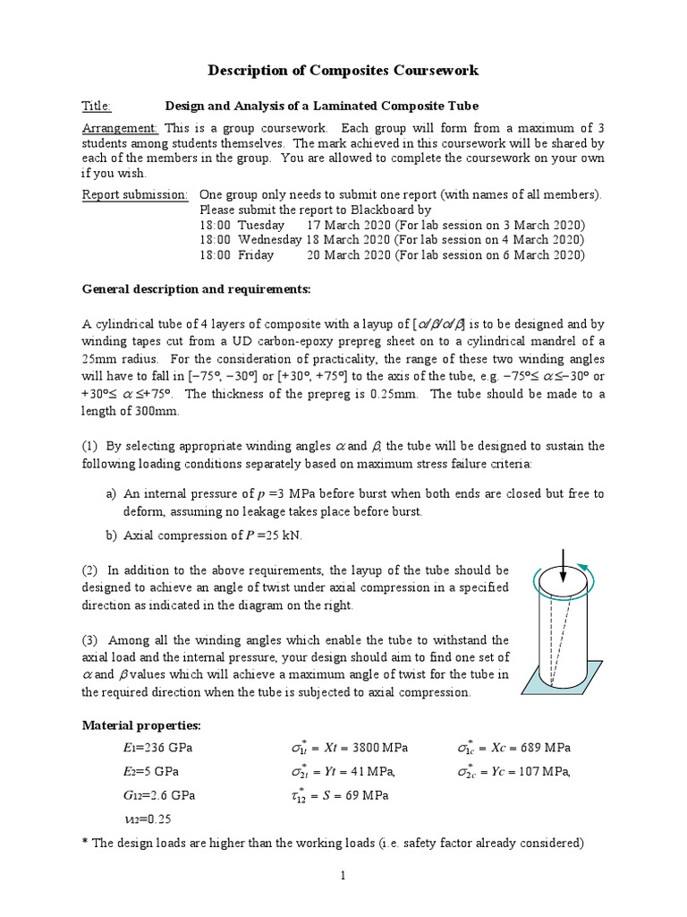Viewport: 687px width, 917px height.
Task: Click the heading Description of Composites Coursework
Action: click(343, 70)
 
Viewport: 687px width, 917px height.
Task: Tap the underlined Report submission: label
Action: click(135, 194)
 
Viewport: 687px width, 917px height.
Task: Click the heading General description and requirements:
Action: click(196, 289)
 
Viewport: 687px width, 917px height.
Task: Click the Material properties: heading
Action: click(141, 724)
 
